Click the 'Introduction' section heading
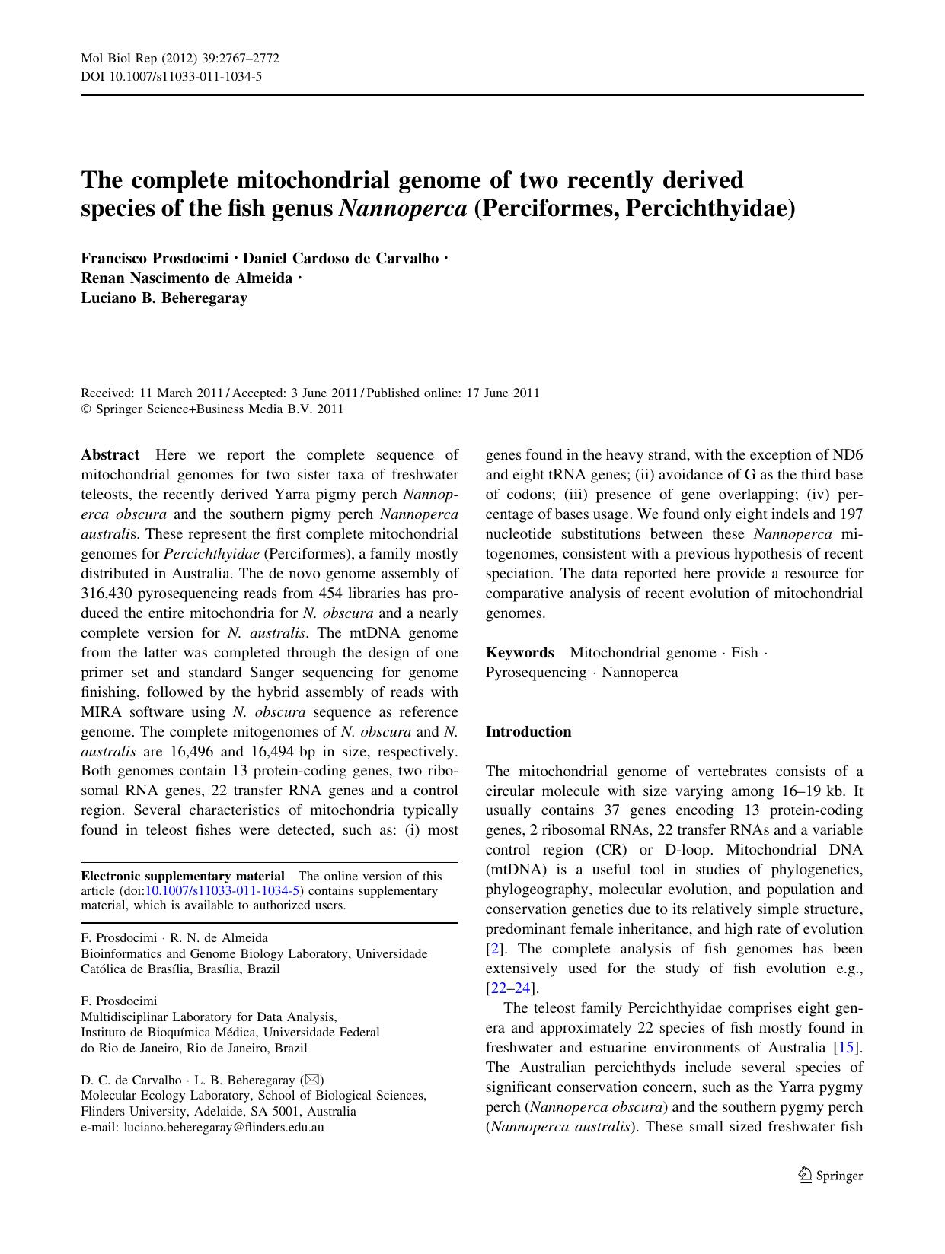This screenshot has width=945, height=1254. click(528, 732)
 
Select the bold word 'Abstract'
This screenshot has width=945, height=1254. click(110, 455)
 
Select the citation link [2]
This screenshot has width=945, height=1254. click(496, 949)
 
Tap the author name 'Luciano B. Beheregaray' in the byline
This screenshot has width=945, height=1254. click(164, 298)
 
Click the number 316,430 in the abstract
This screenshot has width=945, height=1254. click(112, 594)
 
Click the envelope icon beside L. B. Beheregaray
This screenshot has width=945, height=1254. click(313, 1080)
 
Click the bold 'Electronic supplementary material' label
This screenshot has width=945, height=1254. click(183, 876)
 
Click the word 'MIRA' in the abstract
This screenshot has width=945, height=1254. click(101, 712)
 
